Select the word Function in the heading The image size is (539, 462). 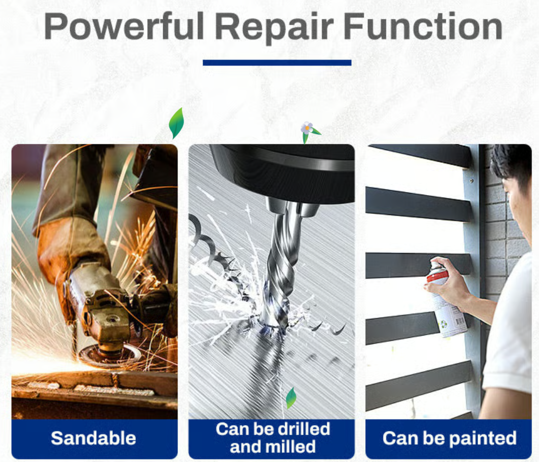tap(423, 26)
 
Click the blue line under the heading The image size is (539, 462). tap(277, 63)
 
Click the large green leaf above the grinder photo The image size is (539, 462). tap(176, 123)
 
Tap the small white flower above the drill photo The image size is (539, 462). tap(307, 128)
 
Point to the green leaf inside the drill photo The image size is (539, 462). tap(291, 398)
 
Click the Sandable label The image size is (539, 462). tap(93, 438)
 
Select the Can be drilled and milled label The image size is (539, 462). tap(273, 438)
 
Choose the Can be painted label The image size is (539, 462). tap(450, 438)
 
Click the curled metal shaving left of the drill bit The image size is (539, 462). tap(203, 237)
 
